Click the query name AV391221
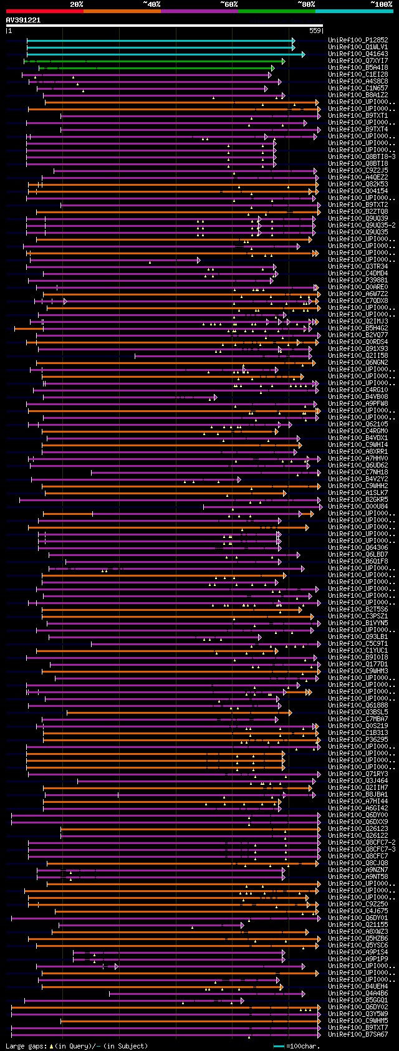[23, 20]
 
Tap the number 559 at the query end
[315, 30]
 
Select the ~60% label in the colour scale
[229, 4]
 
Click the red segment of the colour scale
[44, 11]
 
